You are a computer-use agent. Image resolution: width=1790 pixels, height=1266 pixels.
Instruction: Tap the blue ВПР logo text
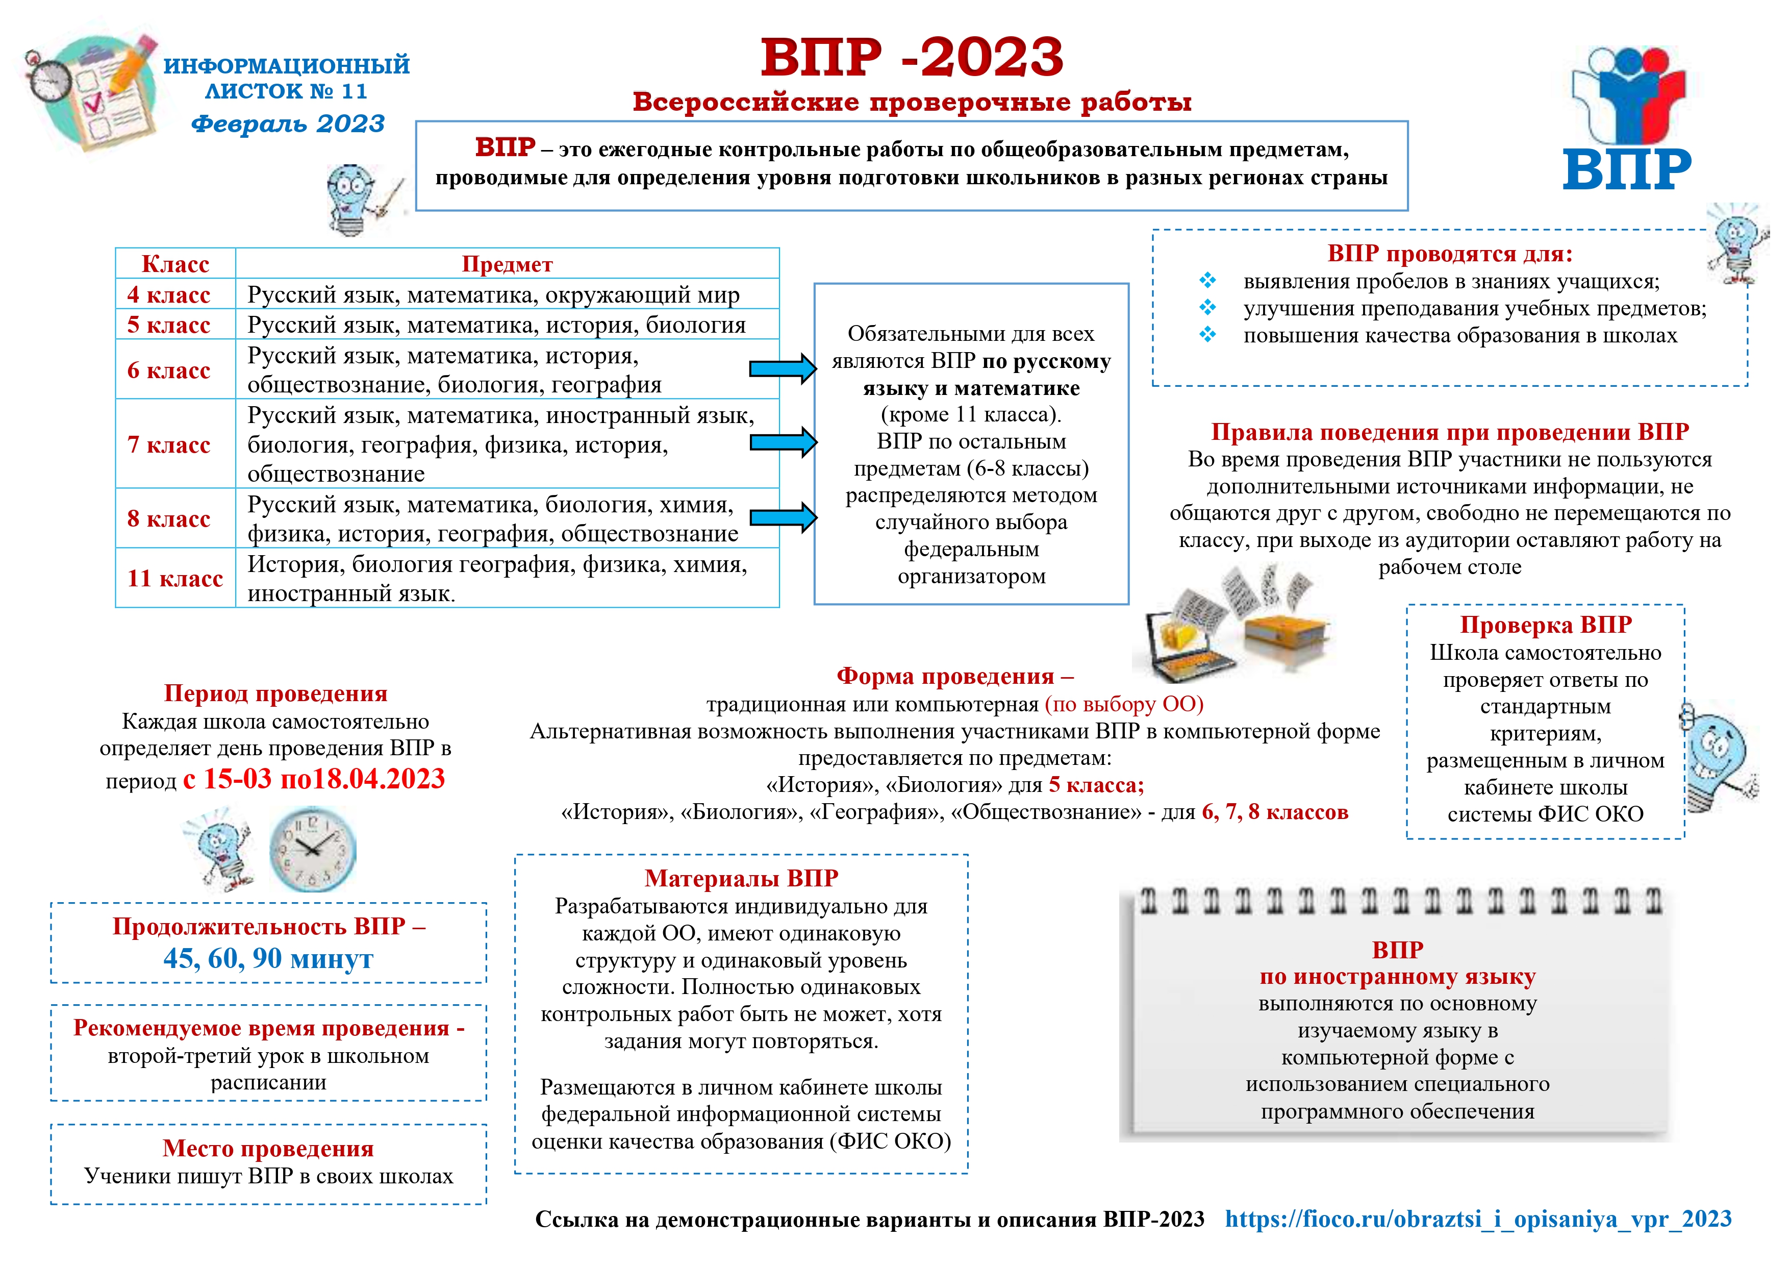1627,169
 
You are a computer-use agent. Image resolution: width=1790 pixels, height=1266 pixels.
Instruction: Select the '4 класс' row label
168,295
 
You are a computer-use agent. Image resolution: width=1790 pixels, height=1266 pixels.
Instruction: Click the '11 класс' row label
174,578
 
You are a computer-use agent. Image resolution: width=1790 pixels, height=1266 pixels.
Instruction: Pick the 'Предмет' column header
507,264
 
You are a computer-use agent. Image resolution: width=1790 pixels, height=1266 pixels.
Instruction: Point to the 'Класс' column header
175,264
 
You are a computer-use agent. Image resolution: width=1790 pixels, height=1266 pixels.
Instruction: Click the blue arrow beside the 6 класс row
782,369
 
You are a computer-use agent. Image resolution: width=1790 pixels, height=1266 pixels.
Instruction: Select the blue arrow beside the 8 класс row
782,517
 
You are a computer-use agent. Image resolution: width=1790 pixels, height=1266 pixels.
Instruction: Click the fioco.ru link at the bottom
1478,1219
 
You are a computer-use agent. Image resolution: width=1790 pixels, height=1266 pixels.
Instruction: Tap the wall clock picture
313,850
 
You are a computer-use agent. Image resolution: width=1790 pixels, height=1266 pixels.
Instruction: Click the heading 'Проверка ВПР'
1545,625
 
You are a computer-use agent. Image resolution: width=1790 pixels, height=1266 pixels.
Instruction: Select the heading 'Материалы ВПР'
741,878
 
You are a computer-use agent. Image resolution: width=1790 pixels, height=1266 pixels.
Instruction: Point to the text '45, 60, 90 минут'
268,959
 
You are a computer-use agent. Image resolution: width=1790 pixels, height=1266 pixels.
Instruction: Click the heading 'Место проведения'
268,1148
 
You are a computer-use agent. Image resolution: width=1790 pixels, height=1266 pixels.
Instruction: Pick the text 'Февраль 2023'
288,123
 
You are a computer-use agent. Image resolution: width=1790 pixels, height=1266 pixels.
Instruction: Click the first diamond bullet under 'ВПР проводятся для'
1207,281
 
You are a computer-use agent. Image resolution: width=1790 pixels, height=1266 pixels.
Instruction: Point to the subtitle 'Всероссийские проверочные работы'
912,102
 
